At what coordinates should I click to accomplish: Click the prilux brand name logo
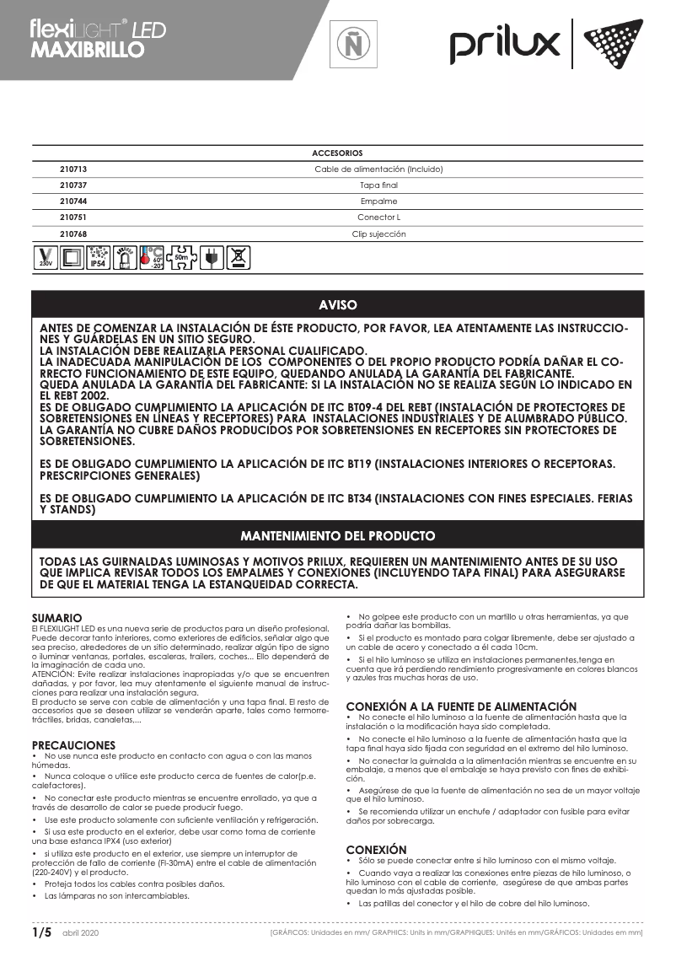tap(504, 44)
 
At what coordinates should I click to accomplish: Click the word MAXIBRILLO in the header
tap(87, 49)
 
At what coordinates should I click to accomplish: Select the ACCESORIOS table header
tap(337, 153)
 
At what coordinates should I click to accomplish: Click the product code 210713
tap(73, 169)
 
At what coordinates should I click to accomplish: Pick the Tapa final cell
tap(378, 185)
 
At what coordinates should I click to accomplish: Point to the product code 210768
tap(73, 234)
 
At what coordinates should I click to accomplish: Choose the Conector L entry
tap(378, 218)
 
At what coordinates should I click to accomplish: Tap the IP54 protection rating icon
tap(98, 259)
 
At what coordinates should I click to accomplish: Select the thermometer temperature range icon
tap(152, 259)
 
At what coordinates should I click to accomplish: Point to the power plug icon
tap(212, 259)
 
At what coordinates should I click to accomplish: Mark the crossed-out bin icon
tap(239, 259)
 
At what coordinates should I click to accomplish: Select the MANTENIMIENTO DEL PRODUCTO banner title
tap(337, 535)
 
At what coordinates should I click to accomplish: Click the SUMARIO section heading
tap(56, 618)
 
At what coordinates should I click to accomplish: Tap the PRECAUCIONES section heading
tap(73, 745)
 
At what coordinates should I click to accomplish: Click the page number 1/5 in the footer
tap(42, 932)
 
